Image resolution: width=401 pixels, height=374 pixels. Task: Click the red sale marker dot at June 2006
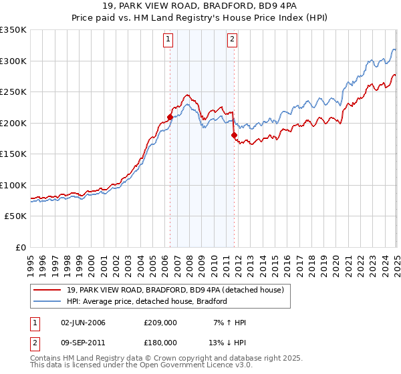click(170, 117)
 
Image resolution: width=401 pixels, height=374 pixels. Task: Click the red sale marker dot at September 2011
click(235, 135)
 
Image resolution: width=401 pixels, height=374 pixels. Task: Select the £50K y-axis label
click(15, 216)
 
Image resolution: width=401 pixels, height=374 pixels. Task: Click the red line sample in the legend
click(48, 290)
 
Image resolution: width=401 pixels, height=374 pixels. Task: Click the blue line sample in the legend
click(48, 301)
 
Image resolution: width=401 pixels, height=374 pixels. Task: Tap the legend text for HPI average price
click(147, 301)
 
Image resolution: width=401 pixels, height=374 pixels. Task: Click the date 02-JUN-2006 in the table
click(83, 323)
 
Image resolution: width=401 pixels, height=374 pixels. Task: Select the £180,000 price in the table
click(160, 342)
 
